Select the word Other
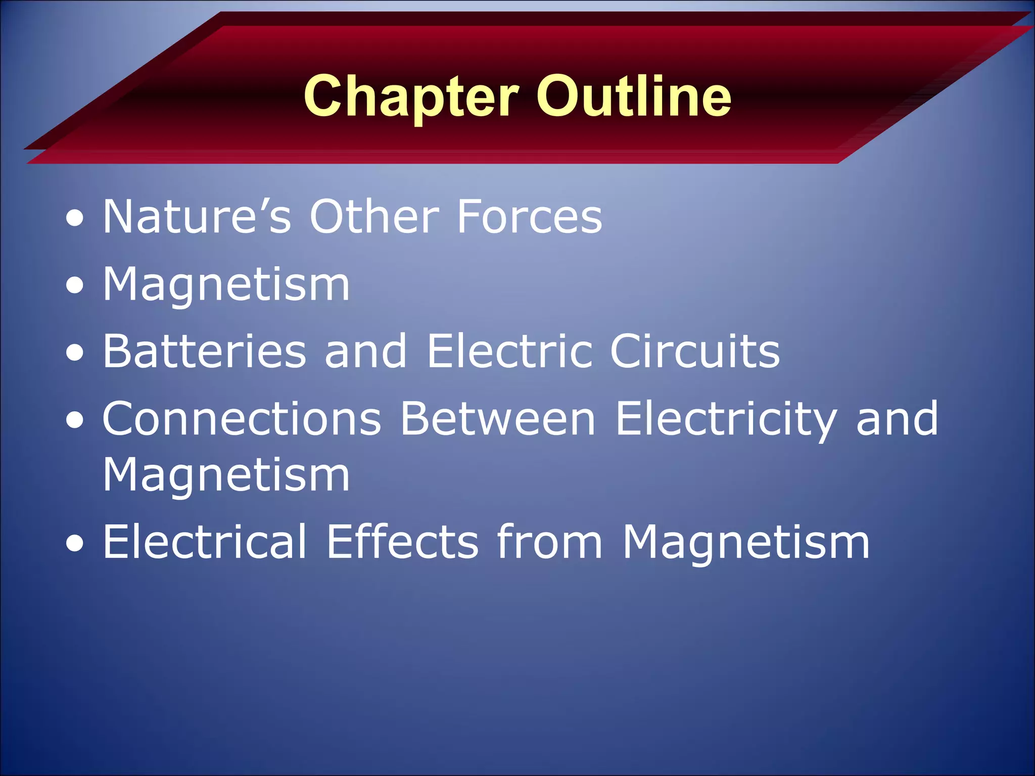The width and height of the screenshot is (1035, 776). click(x=374, y=217)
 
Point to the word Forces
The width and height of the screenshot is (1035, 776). click(x=529, y=217)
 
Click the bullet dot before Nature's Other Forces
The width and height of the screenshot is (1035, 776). click(x=75, y=219)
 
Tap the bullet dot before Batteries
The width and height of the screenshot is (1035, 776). click(x=75, y=353)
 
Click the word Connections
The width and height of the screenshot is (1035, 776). click(x=242, y=419)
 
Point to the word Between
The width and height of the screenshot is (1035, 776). click(x=498, y=419)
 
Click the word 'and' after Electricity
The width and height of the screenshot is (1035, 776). click(x=898, y=419)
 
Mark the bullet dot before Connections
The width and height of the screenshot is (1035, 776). click(x=75, y=421)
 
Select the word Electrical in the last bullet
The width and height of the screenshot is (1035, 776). click(x=205, y=542)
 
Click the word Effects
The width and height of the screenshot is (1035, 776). click(x=402, y=542)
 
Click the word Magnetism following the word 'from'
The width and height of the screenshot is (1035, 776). click(x=746, y=543)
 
